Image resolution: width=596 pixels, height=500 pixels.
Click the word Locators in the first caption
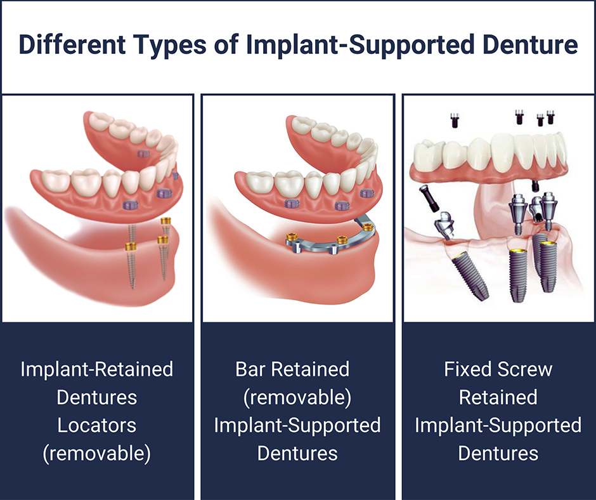97,425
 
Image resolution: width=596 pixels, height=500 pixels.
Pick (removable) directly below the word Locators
97,453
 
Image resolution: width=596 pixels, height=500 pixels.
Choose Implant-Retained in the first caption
97,369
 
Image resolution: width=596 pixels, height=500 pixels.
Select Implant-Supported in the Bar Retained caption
297,425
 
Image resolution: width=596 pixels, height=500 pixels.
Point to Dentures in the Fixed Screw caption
498,453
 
